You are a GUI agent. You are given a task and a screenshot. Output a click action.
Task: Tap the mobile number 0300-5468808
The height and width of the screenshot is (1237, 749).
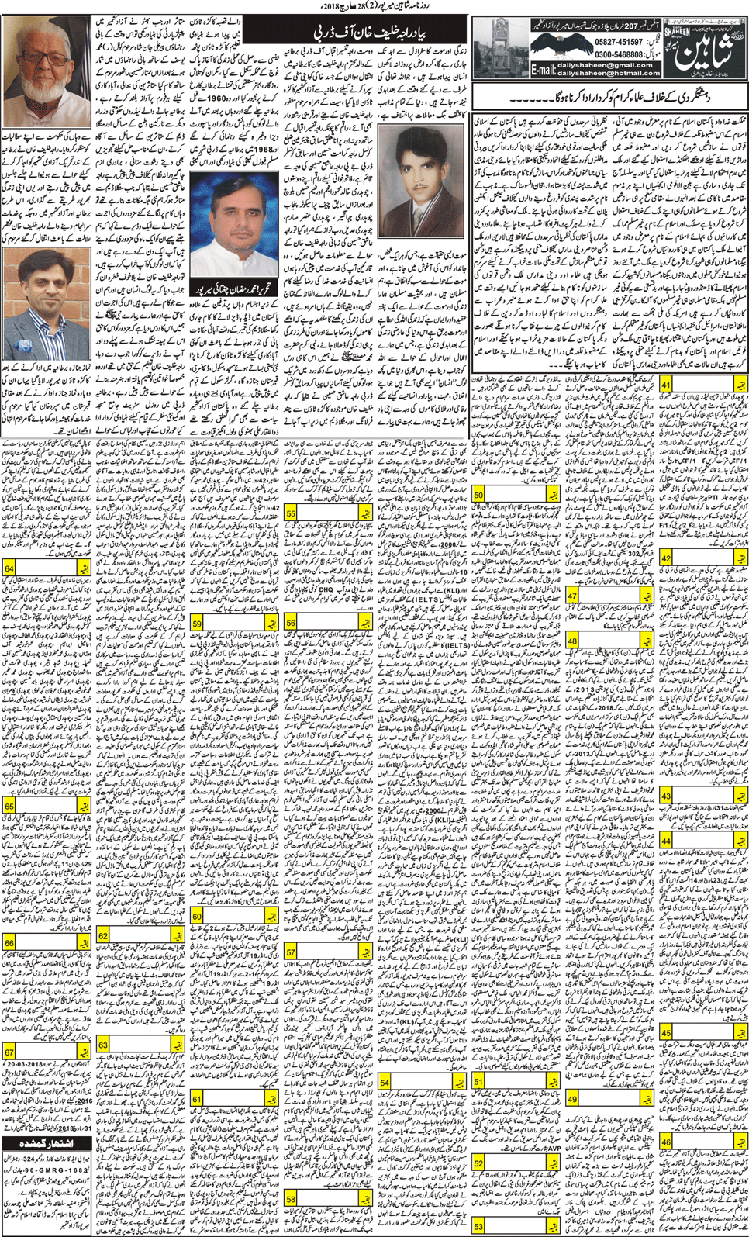click(x=617, y=55)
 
